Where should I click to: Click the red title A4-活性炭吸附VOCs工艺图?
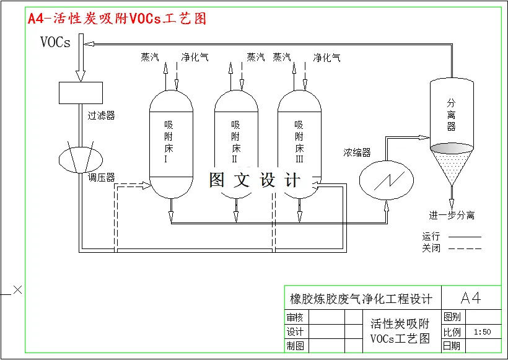(117, 19)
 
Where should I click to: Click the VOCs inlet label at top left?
(55, 42)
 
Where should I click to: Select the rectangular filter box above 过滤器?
(81, 92)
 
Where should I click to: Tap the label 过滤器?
(101, 115)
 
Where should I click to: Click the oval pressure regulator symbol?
(81, 157)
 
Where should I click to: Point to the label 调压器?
(101, 178)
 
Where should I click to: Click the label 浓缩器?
(357, 152)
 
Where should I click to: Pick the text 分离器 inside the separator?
(451, 115)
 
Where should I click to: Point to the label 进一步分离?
(452, 216)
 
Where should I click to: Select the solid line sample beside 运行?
(464, 237)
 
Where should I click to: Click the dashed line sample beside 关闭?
(464, 248)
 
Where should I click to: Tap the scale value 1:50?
(481, 332)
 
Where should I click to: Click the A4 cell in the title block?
(471, 298)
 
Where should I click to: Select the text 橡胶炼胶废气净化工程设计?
(361, 299)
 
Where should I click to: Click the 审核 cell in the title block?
(295, 318)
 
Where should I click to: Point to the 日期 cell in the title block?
(452, 346)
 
